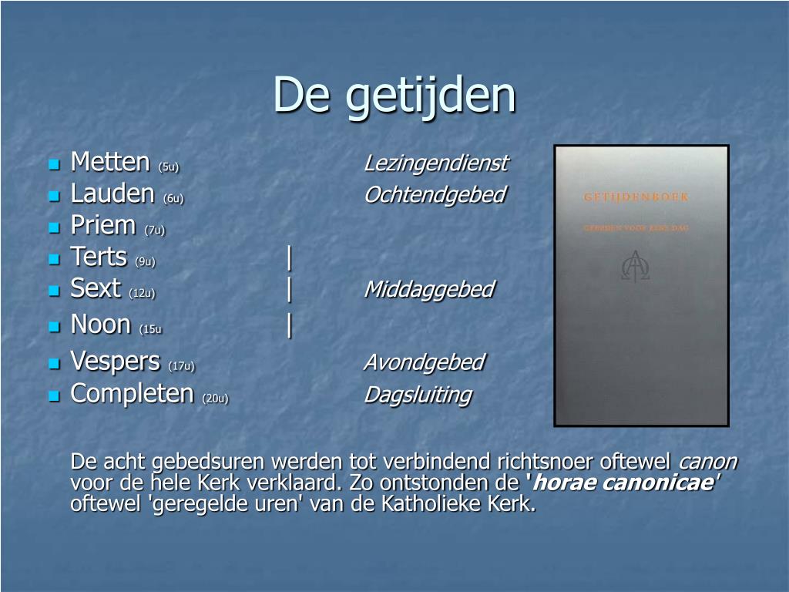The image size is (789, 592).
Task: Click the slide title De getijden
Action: point(394,95)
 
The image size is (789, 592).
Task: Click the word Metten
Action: point(109,162)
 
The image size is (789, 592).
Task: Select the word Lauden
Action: point(112,193)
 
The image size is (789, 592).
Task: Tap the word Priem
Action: point(103,225)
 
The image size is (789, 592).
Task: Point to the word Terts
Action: point(99,257)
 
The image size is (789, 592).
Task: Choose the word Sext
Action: point(96,288)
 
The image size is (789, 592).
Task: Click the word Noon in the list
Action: point(100,324)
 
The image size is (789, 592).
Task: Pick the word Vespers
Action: point(115,361)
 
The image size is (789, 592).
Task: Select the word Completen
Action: point(132,393)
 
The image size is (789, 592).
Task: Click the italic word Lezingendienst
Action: point(435,163)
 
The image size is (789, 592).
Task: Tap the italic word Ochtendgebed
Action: point(434,195)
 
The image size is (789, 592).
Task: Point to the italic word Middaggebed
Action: point(428,289)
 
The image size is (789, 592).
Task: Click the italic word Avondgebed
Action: point(424,362)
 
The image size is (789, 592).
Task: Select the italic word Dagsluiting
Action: point(417,395)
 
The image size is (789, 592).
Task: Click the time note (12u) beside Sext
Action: point(143,293)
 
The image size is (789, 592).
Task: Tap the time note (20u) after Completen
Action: point(215,398)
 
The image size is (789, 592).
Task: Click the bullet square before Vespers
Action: point(54,362)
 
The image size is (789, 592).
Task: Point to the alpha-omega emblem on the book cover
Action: point(636,266)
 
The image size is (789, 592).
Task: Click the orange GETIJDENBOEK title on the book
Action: point(636,197)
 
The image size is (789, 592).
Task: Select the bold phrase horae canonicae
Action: point(622,483)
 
